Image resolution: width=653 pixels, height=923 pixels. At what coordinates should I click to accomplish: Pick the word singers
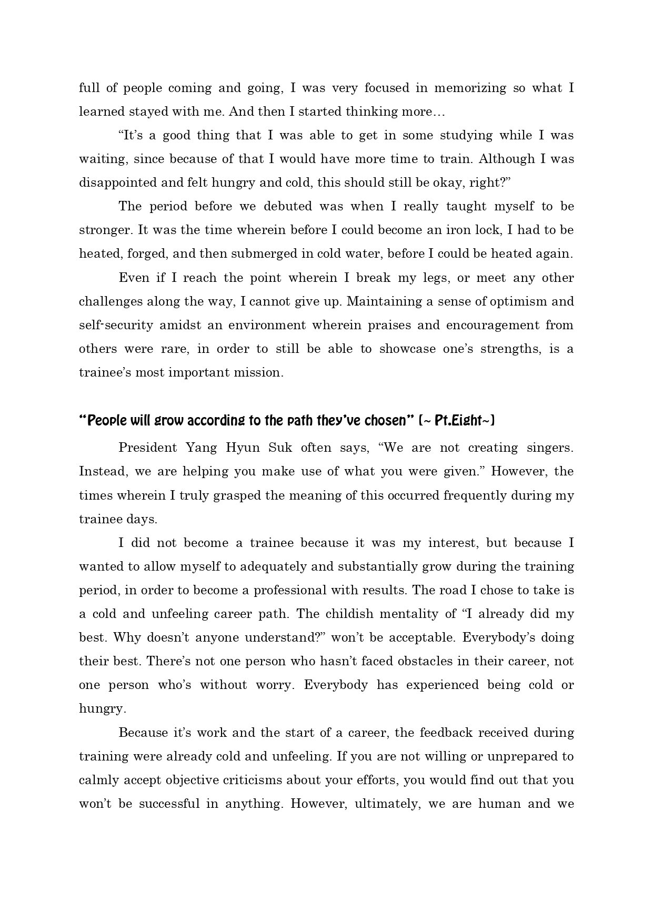click(x=549, y=448)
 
